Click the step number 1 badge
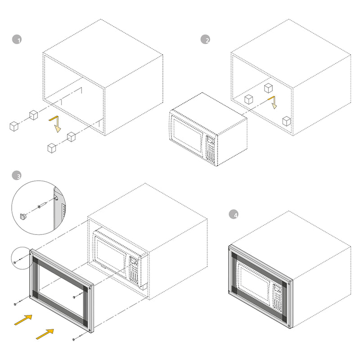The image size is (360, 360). (x=17, y=40)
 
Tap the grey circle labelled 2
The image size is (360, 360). (x=205, y=40)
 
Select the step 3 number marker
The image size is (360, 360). (x=17, y=176)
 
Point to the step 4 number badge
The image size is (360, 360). (x=233, y=215)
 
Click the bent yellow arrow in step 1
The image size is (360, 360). (x=55, y=124)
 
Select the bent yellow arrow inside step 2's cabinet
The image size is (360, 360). (x=272, y=102)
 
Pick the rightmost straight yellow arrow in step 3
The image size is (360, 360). (x=45, y=333)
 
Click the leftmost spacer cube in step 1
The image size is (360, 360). (x=14, y=126)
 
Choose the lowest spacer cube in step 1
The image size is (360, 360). (x=52, y=148)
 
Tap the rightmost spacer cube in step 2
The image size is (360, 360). (x=286, y=121)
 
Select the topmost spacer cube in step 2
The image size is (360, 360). (x=269, y=88)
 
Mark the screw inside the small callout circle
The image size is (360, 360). (x=15, y=261)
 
